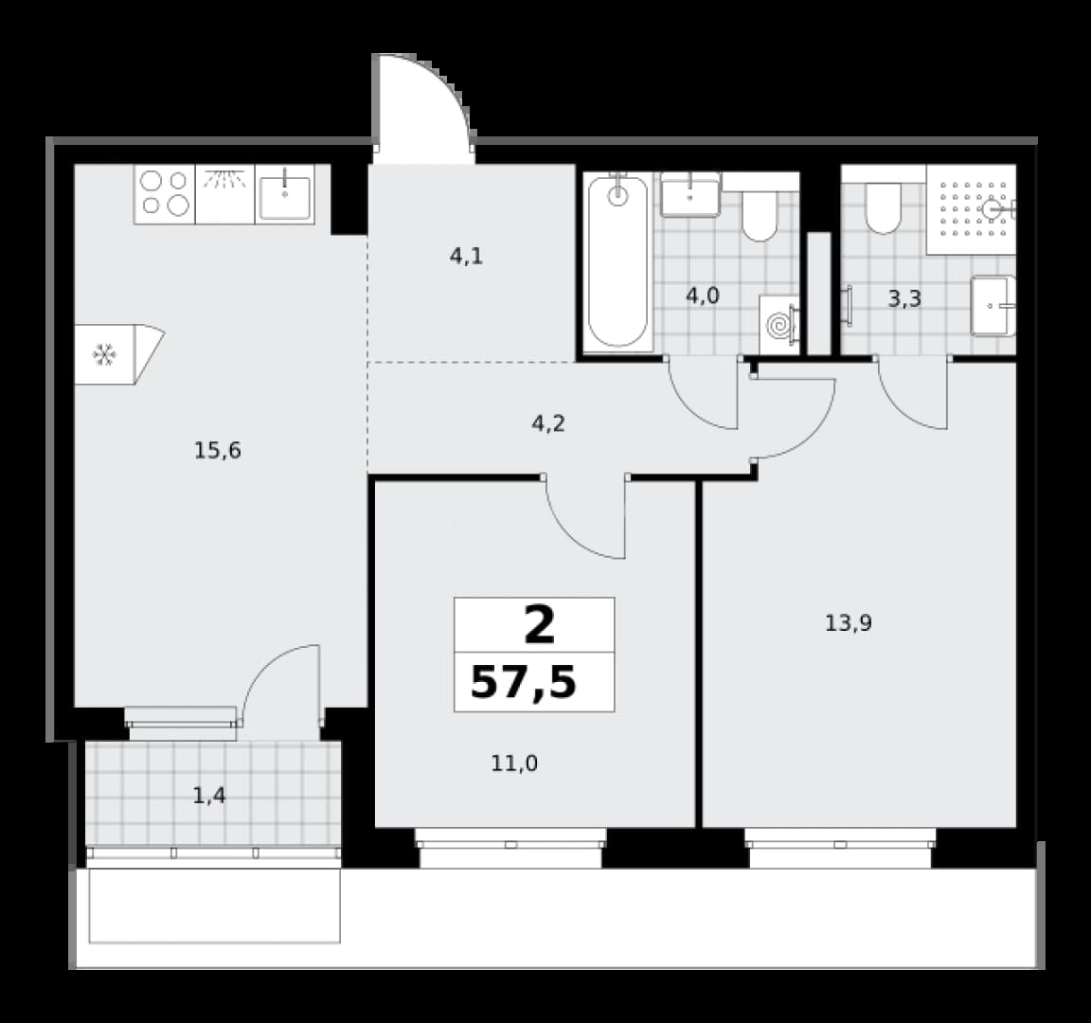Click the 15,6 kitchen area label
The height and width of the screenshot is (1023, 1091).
tap(217, 451)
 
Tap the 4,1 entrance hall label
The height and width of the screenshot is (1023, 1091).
tap(466, 257)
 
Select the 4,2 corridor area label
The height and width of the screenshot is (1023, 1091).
tap(548, 423)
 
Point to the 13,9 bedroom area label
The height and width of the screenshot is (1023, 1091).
tap(849, 623)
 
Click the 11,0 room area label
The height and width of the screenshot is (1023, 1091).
tap(514, 763)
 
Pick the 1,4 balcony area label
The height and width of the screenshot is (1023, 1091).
tap(208, 795)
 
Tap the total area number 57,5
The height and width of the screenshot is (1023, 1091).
tap(524, 682)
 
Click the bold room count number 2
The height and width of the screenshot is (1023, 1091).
tap(540, 624)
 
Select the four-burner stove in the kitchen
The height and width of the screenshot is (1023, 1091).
tap(165, 193)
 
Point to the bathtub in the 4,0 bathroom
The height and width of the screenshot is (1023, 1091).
tap(617, 261)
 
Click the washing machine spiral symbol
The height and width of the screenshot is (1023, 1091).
tap(779, 324)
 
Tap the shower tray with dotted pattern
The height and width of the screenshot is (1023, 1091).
tap(972, 208)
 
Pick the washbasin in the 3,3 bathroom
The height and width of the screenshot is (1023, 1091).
tap(993, 306)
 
